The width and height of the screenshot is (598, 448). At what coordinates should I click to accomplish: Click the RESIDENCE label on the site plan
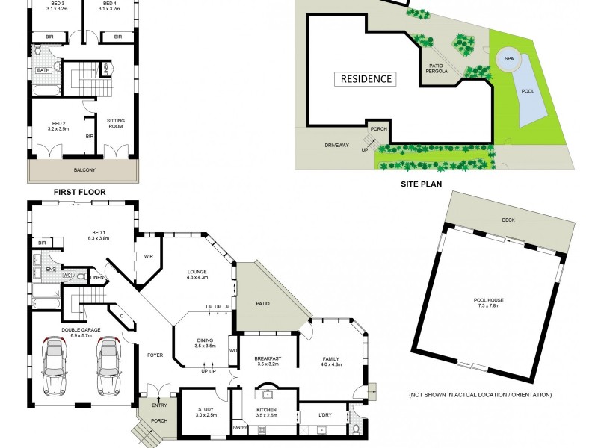pos(366,78)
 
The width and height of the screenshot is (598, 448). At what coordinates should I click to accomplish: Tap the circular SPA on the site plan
pos(509,58)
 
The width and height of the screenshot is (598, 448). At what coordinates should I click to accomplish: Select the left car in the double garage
pos(55,366)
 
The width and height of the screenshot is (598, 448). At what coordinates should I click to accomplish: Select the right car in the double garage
pos(108,366)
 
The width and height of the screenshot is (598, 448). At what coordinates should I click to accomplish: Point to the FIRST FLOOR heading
pos(79,192)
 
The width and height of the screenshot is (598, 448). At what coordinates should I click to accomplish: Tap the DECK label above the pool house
pos(509,220)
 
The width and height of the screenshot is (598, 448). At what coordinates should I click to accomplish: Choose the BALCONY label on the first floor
pos(84,170)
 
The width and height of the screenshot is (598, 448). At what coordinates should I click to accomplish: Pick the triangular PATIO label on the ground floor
pos(262,304)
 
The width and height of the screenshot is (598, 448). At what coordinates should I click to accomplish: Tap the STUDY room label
pos(206,411)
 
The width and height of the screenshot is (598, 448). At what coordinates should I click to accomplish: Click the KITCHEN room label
pos(266,411)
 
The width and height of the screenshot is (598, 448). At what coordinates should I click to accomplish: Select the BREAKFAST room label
pos(267,361)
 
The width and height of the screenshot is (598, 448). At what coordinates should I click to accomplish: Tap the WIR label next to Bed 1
pos(148,256)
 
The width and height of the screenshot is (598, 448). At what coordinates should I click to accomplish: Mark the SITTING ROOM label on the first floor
pos(117,123)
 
